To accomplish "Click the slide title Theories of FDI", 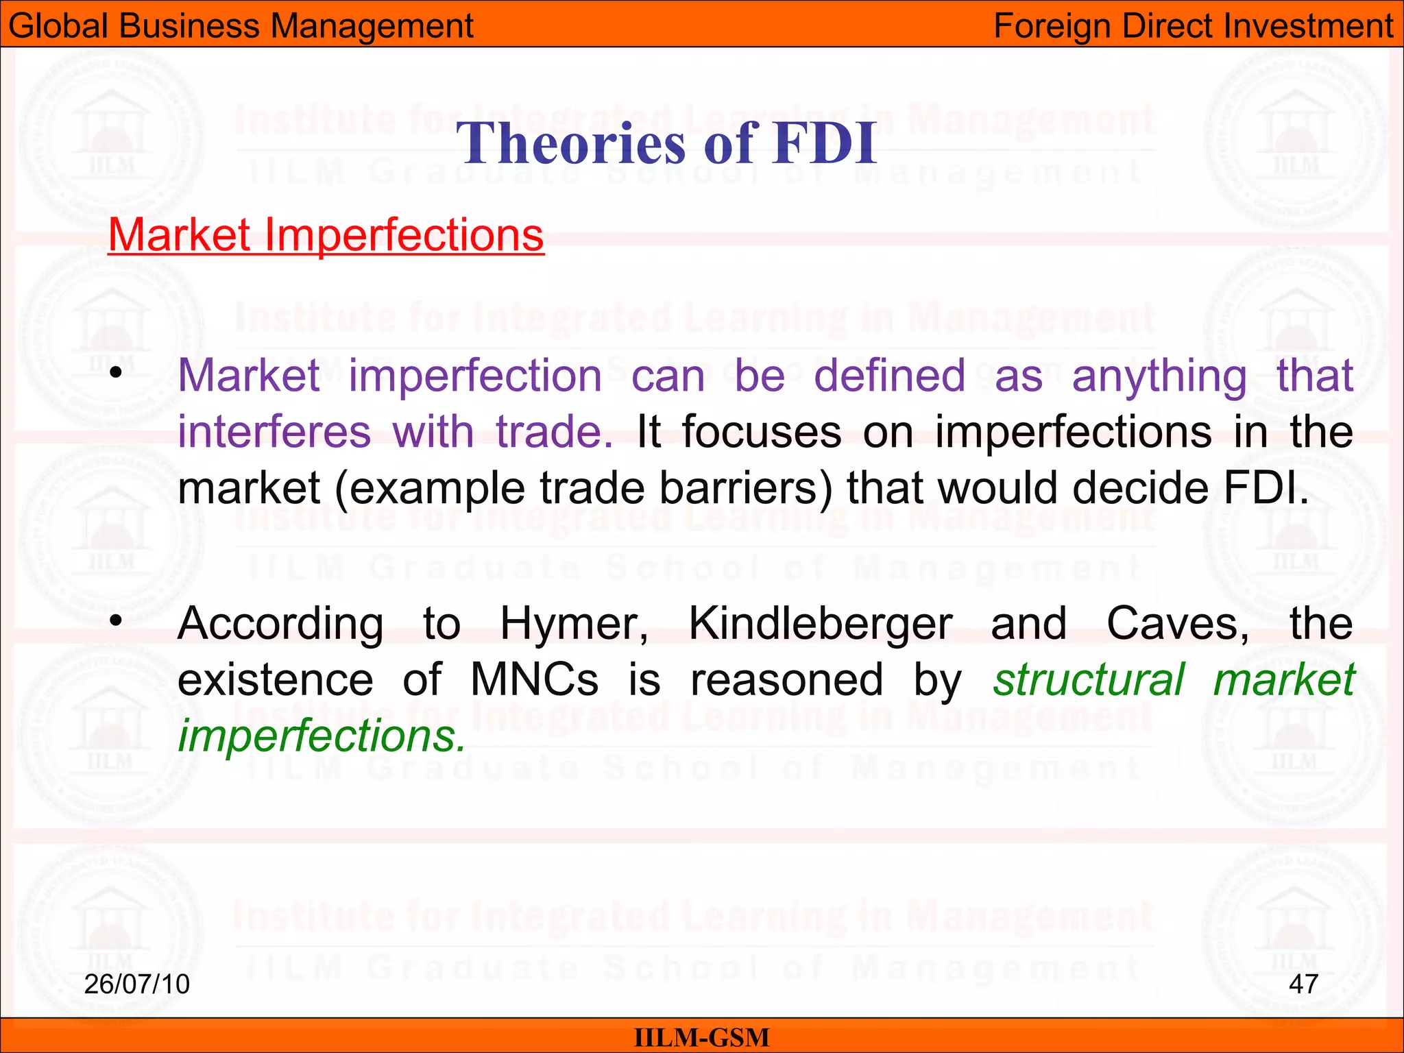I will coord(666,143).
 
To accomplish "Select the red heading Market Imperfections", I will coord(326,235).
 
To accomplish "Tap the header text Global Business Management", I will coord(241,26).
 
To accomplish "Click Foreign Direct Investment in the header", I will coord(1193,26).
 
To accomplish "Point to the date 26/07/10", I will coord(136,984).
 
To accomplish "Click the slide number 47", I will coord(1303,984).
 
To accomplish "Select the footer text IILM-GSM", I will coord(701,1037).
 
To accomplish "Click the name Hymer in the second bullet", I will coord(574,624).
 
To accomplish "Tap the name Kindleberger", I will coord(820,624).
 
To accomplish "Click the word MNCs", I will coord(535,680).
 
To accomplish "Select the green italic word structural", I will coord(1089,680).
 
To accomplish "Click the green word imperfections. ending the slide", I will coord(322,736).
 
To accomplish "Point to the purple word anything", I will coord(1159,377).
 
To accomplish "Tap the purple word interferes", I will coord(274,433).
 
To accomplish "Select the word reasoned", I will coord(786,680).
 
